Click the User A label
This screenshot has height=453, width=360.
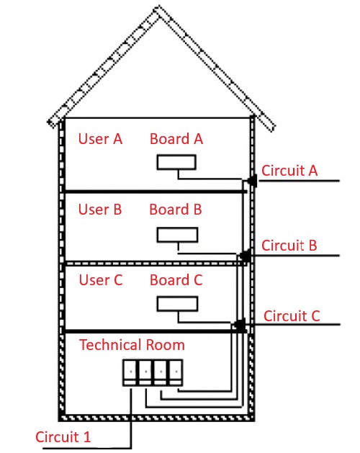pos(100,139)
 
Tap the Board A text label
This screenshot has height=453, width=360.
pos(176,139)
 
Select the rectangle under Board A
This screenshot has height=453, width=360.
pos(176,162)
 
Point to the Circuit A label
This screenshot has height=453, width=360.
pos(289,171)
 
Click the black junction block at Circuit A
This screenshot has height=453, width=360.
pos(253,181)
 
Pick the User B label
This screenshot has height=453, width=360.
pos(100,210)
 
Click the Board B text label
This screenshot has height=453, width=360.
pos(176,210)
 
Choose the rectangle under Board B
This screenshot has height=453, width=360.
pos(177,235)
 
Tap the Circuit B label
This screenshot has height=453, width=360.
pos(289,246)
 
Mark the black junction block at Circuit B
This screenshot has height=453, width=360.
pos(246,256)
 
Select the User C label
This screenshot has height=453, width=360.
pos(101,280)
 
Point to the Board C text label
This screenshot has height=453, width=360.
pos(176,280)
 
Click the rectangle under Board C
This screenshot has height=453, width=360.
pos(177,304)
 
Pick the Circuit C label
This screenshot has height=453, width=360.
pos(292,315)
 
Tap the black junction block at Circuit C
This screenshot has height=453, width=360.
pos(240,325)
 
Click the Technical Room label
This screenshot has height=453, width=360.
pos(132,345)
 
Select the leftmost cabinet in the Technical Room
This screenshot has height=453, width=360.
pos(130,372)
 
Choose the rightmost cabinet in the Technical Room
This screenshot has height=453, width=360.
pos(176,372)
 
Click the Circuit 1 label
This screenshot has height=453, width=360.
pos(63,437)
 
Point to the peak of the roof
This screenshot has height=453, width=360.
pos(158,9)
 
